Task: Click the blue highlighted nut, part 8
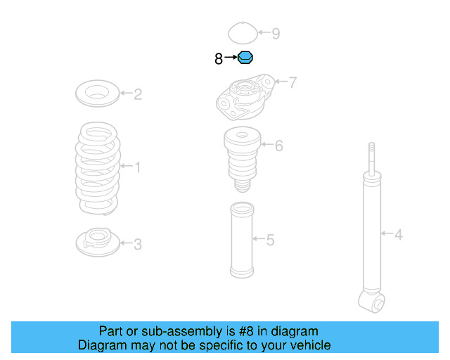(245, 58)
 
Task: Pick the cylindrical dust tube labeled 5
(242, 240)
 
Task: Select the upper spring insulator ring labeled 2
(96, 93)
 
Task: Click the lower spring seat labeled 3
(97, 243)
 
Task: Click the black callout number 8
(219, 59)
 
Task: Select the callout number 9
(276, 33)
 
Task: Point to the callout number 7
(292, 83)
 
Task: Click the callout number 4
(399, 234)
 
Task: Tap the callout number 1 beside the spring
(137, 167)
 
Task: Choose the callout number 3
(138, 244)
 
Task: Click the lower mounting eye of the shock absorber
(371, 302)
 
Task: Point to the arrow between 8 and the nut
(231, 59)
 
